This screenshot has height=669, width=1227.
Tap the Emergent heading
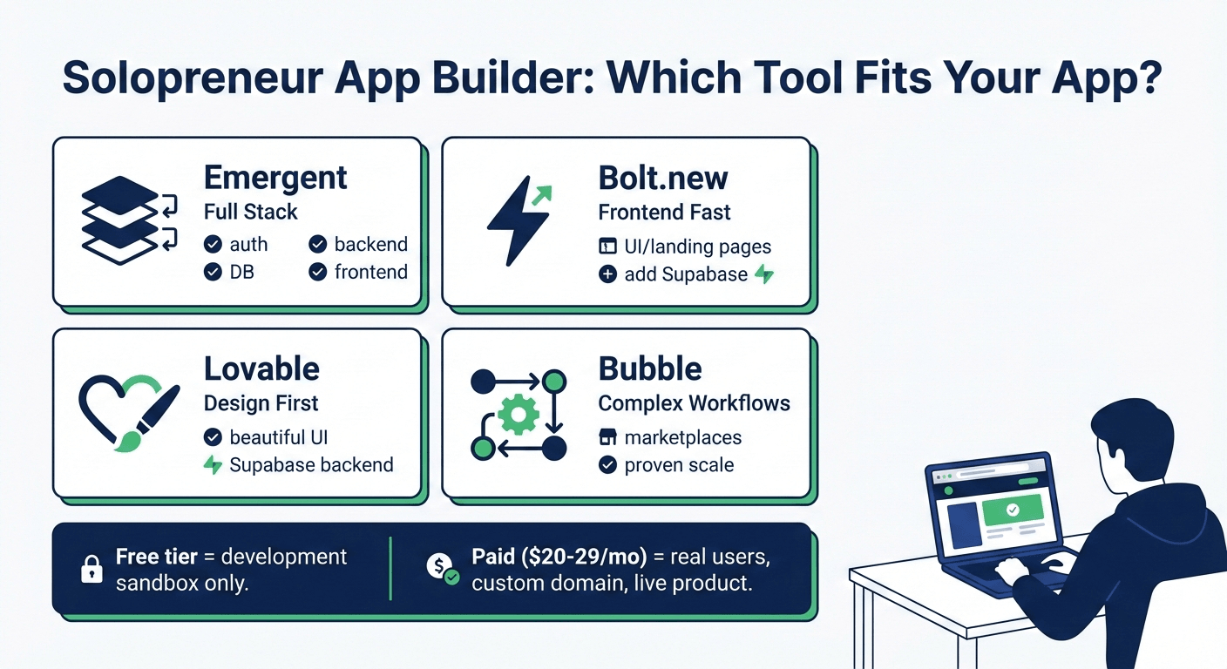[x=275, y=178]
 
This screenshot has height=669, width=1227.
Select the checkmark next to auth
[x=213, y=245]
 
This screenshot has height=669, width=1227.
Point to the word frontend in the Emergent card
[x=370, y=272]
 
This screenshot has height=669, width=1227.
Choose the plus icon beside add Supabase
[x=608, y=274]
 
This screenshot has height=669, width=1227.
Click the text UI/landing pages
[x=697, y=247]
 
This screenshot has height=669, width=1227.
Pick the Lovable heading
[x=261, y=369]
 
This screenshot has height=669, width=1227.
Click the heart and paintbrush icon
[x=126, y=413]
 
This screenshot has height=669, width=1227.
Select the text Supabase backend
[x=311, y=464]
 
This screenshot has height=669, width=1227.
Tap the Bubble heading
[x=650, y=369]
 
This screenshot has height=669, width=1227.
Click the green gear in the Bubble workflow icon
[x=519, y=415]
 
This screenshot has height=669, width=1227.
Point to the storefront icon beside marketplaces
[x=608, y=437]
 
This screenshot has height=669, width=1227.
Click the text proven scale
[x=679, y=464]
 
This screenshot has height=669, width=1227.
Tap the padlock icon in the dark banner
[x=92, y=570]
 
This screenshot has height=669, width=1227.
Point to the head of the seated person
[x=1133, y=436]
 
